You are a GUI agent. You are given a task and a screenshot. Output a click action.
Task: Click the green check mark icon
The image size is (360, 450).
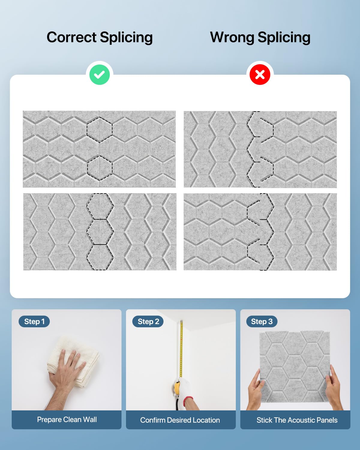100,75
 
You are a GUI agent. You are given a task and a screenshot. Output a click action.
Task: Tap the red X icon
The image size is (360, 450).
260,75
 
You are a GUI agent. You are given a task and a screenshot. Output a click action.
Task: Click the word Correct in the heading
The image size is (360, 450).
71,37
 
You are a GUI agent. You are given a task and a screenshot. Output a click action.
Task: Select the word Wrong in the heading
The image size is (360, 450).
232,37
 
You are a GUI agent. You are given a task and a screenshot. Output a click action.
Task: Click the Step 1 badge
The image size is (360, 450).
34,321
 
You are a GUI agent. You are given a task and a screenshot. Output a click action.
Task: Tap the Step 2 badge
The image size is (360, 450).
148,321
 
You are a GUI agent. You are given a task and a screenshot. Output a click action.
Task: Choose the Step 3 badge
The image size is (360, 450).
262,321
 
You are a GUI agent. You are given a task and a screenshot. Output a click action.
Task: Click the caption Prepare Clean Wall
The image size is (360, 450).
67,419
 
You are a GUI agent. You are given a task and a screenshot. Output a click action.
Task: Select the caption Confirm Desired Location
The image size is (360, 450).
180,420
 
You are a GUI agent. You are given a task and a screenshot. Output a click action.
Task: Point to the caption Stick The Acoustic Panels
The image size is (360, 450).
297,420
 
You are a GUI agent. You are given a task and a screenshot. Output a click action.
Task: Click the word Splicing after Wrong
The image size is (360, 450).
284,37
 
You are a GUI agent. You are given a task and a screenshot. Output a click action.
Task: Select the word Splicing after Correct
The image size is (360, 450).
126,37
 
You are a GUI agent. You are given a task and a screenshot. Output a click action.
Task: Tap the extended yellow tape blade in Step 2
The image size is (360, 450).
181,349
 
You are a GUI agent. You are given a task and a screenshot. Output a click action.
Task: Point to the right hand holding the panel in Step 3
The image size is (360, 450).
334,389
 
